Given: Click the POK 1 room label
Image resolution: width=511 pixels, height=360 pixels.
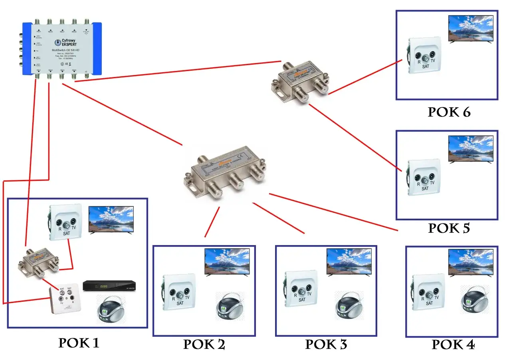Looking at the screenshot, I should (79, 343).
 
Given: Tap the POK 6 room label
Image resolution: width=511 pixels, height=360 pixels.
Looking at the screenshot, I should (449, 112).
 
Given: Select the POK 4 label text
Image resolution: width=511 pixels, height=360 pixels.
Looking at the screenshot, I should (453, 344).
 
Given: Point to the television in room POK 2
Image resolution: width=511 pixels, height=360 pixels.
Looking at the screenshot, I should (227, 261).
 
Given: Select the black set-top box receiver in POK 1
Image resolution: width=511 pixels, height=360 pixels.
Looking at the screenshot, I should (109, 286).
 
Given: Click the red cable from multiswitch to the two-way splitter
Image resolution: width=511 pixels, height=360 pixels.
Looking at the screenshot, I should (176, 71).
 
